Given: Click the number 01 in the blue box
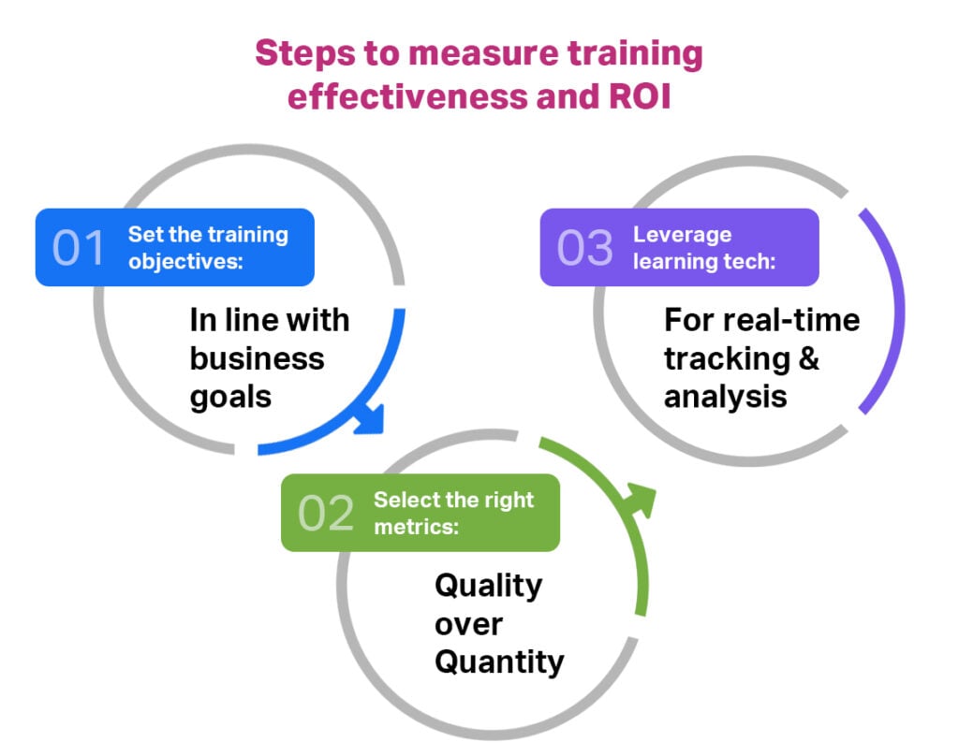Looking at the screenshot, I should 79,248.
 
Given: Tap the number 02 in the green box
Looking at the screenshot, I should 326,514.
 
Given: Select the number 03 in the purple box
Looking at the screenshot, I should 584,248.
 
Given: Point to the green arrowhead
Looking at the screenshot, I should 642,499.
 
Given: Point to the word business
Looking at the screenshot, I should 257,358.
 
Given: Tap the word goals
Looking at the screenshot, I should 230,397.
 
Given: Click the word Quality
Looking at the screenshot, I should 488,586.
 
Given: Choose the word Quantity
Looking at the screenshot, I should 499,662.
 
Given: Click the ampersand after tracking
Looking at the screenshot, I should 807,358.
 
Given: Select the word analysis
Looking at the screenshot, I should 726,397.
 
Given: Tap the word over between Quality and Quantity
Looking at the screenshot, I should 468,624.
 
